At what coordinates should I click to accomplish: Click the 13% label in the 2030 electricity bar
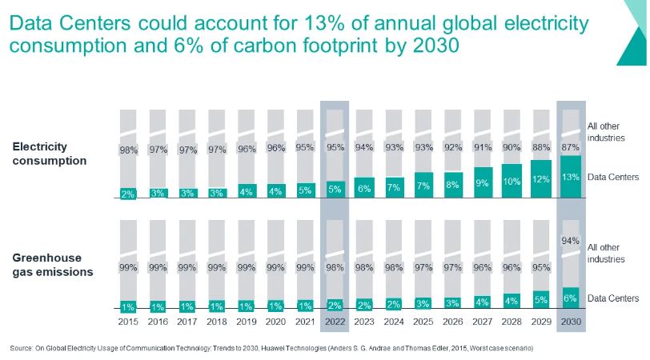[x=571, y=177]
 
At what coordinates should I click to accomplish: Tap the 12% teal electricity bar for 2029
[x=541, y=178]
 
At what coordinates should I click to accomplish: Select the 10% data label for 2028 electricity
[x=512, y=182]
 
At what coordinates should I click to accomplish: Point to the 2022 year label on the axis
[x=335, y=322]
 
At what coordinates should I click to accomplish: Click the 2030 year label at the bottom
[x=571, y=322]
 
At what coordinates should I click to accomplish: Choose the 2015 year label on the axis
[x=128, y=322]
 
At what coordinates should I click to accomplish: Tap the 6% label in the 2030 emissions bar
[x=571, y=298]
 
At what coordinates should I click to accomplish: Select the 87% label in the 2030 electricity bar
[x=571, y=146]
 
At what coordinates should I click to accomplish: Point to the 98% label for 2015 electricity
[x=128, y=150]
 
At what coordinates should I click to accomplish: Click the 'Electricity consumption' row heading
[x=50, y=154]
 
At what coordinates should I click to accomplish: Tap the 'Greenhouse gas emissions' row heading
[x=53, y=265]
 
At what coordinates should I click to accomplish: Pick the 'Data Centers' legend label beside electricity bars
[x=613, y=178]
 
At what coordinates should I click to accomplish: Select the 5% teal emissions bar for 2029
[x=541, y=300]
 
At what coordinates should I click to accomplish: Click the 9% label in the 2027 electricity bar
[x=482, y=184]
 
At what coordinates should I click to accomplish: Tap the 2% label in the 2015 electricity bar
[x=128, y=194]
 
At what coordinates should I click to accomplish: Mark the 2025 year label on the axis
[x=423, y=322]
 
